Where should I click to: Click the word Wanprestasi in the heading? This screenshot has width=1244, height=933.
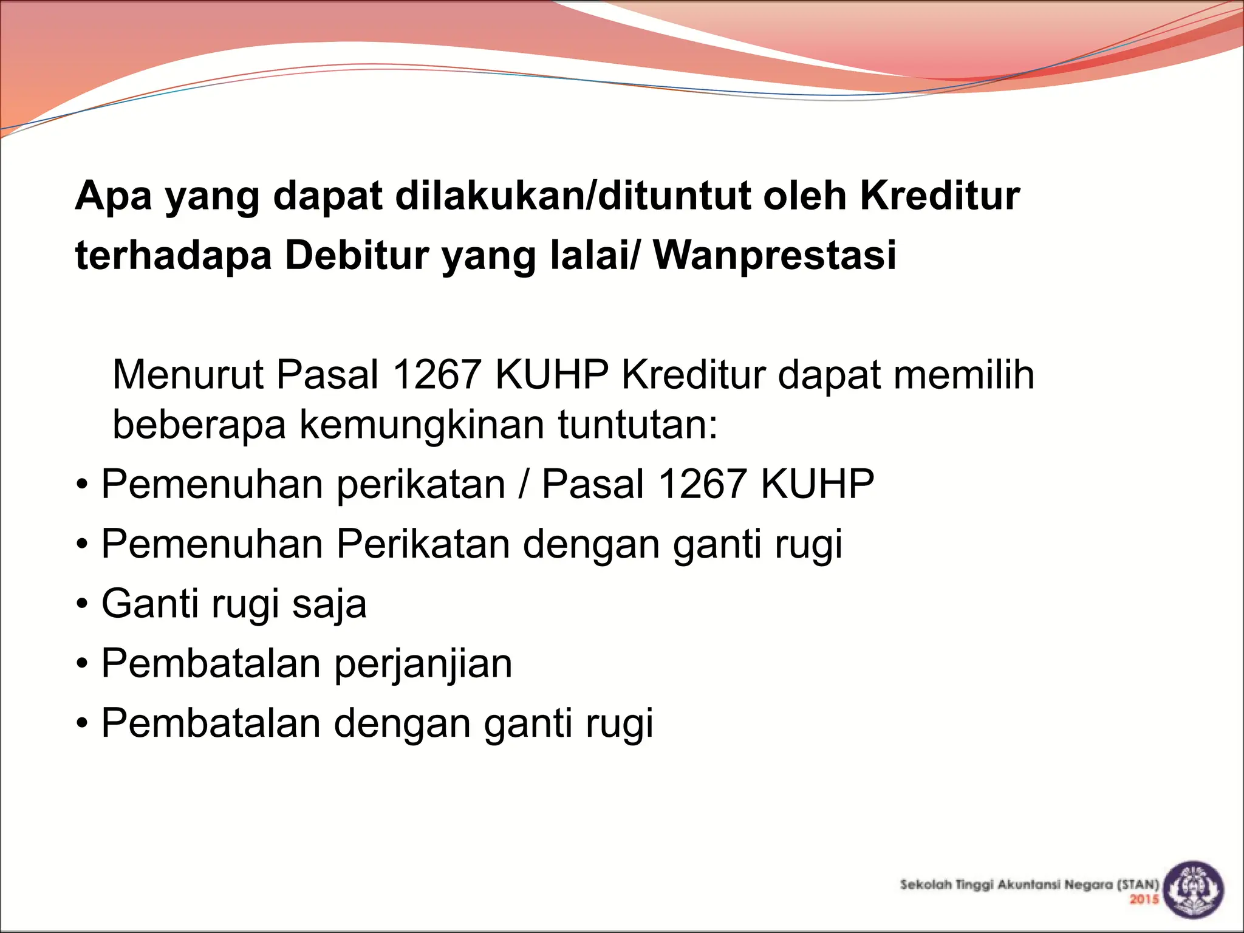coord(774,255)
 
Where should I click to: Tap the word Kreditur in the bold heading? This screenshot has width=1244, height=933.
coord(940,196)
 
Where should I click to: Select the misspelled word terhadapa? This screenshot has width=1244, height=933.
coord(174,255)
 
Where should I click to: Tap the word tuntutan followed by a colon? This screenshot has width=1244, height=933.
coord(638,424)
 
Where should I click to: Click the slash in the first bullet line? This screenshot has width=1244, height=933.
coord(523,484)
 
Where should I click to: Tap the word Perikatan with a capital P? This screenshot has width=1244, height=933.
coord(423,544)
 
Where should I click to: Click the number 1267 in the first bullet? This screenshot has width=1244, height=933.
coord(702,484)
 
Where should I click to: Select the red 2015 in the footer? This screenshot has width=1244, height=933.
coord(1144,900)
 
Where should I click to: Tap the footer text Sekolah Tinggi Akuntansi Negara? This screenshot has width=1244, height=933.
coord(1008,885)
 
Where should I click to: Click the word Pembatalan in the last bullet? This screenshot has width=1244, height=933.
coord(211,723)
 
